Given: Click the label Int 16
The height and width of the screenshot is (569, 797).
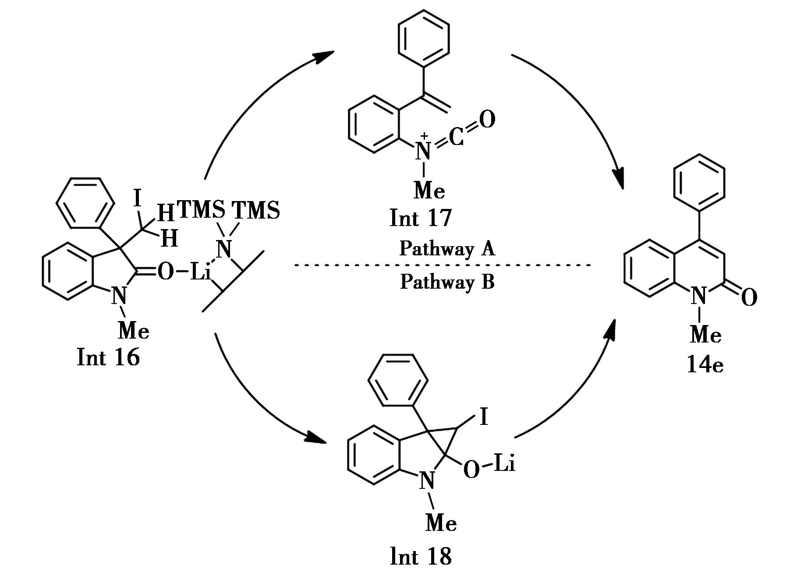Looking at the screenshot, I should click(108, 357).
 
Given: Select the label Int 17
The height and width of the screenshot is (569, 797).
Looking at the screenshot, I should click(420, 218).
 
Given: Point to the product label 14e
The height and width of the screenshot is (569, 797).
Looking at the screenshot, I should click(705, 364).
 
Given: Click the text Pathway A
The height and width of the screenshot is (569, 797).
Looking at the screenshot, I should click(447, 249).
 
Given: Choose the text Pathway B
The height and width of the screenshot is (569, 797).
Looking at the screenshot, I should click(447, 282).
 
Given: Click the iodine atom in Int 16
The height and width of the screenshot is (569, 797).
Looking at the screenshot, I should click(138, 199).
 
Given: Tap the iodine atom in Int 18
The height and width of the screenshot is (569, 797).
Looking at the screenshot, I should click(484, 417).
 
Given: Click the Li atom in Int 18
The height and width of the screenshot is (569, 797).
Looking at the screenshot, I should click(504, 464).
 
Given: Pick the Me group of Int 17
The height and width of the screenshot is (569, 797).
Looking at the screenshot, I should click(429, 191).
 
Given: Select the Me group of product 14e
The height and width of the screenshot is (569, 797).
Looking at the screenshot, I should click(705, 335).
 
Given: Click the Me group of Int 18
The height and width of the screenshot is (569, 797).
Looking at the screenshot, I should click(441, 523).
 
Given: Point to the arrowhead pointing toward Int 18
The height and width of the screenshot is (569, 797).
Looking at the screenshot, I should click(316, 437).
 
